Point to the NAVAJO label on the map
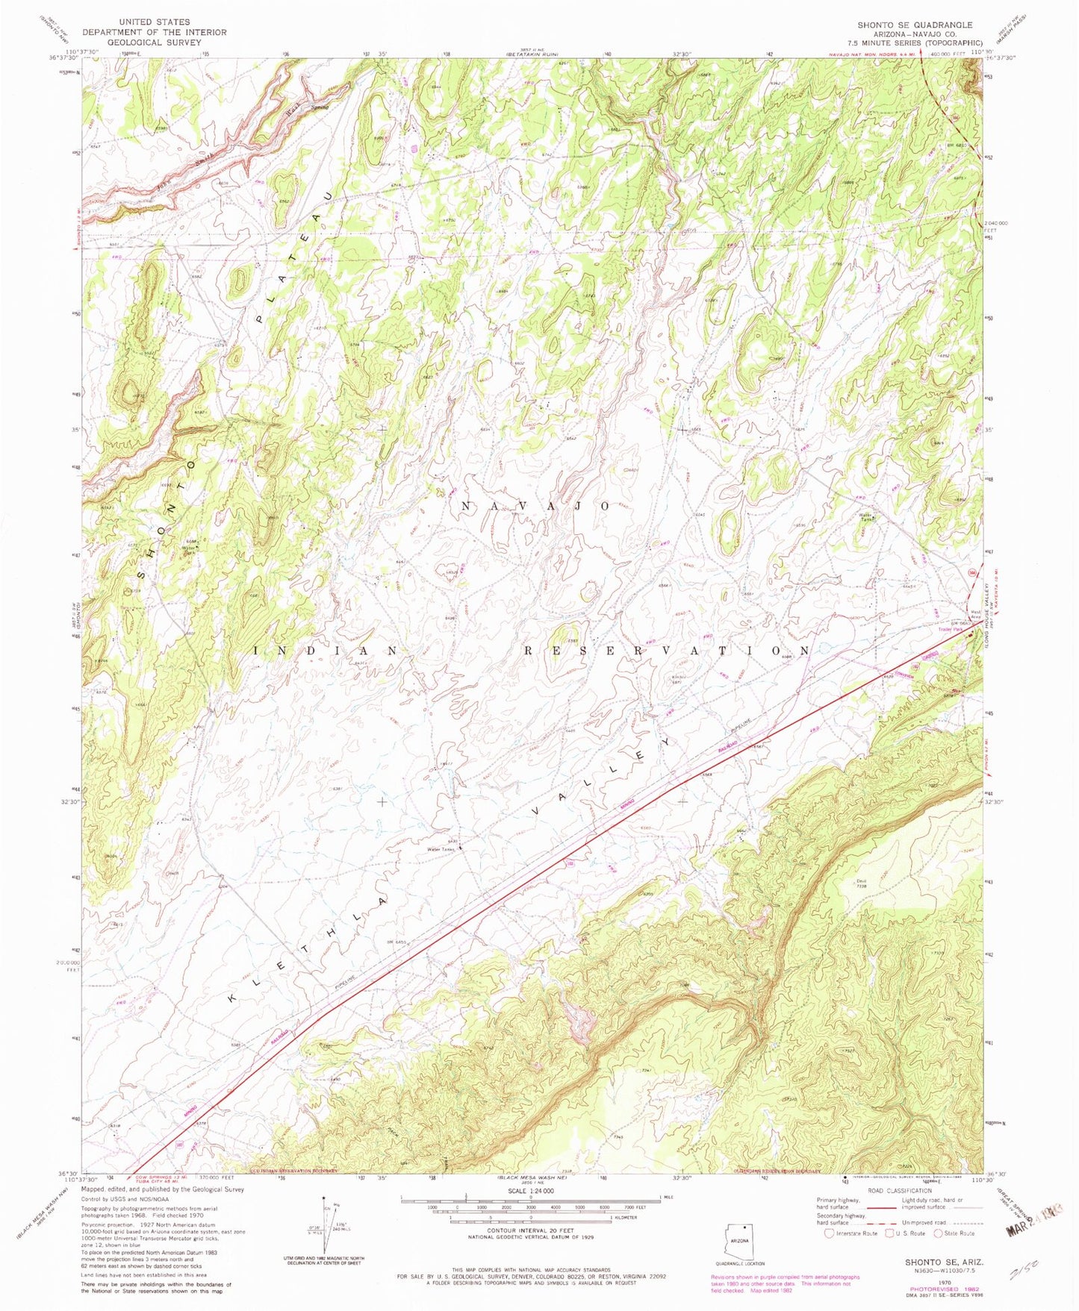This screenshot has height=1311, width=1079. click(536, 506)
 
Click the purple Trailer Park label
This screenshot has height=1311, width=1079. click(951, 629)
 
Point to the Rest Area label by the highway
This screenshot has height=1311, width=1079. click(974, 613)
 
